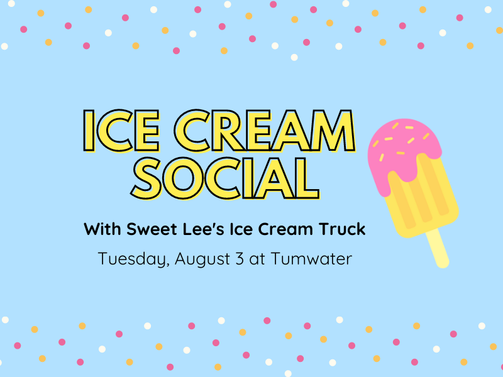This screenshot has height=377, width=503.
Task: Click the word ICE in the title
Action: pos(121,131)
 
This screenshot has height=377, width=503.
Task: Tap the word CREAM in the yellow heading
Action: pos(265,131)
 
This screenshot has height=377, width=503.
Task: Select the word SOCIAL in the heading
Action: pos(225,178)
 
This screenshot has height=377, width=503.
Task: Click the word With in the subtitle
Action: pos(102,229)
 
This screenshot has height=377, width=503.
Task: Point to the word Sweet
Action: pos(152,229)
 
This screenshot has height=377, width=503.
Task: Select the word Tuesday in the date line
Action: pos(134,259)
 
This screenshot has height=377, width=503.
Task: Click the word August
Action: pos(202,259)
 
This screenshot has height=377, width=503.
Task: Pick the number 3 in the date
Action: pos(240,258)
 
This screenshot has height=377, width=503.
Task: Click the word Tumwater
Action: pos(311,258)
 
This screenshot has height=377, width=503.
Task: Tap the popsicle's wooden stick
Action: pos(438,248)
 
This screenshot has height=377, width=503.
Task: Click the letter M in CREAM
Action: pos(334,131)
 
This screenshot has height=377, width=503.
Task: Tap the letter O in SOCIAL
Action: pos(183,178)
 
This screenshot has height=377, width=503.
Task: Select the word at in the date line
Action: pos(257,259)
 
